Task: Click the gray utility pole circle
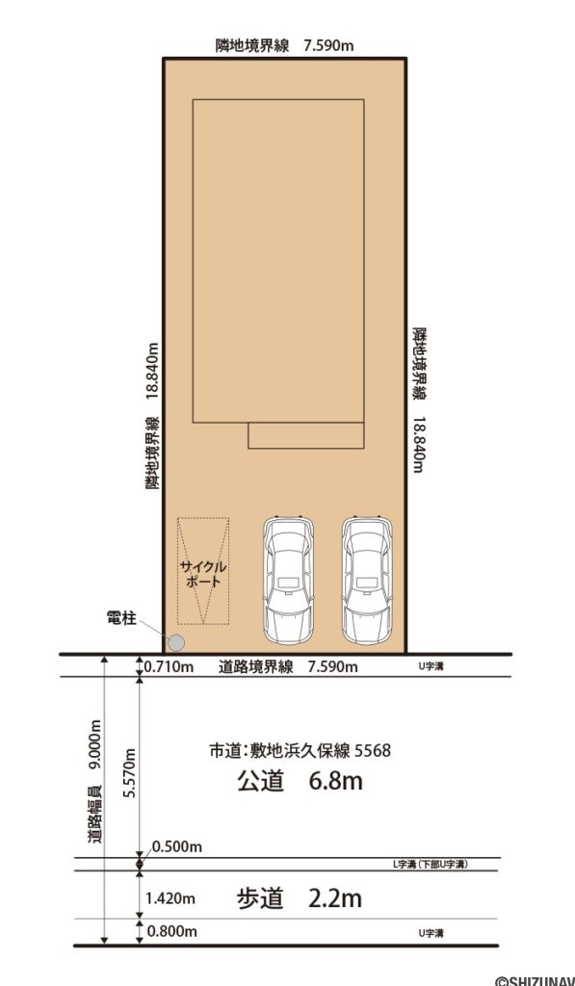[175, 642]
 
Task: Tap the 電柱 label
[121, 619]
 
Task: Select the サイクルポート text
[202, 574]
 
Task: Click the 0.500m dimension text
[177, 846]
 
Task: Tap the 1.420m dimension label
[170, 899]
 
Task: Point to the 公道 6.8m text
[300, 782]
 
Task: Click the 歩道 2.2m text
[300, 899]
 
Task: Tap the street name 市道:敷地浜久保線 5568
[300, 750]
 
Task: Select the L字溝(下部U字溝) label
[430, 866]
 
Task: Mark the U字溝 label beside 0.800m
[431, 933]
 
